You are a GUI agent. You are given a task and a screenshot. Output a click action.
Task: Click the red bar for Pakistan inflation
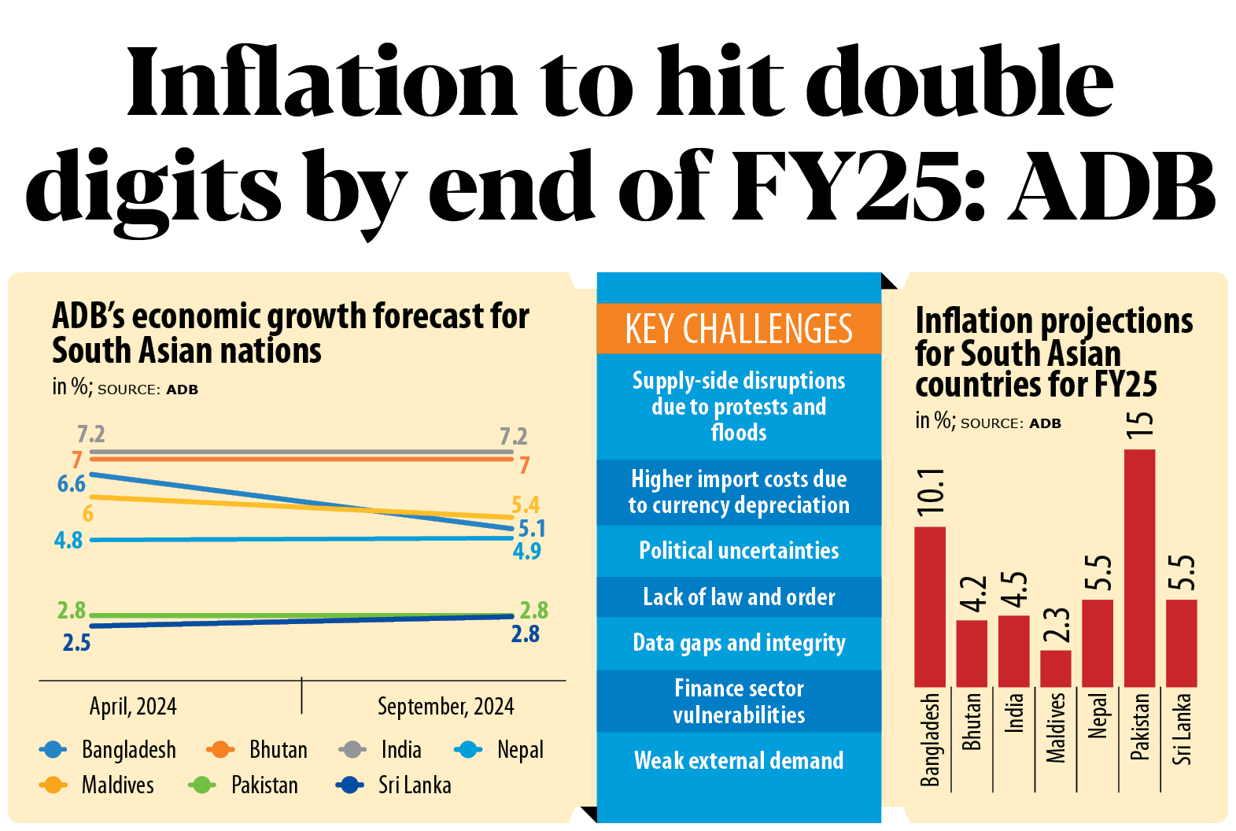pos(1139,567)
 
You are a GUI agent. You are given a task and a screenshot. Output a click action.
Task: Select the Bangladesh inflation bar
pos(929,607)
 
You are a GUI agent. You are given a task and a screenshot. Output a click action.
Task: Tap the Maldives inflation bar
pos(1055,668)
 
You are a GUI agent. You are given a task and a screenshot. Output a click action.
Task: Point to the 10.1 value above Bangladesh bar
pos(931,490)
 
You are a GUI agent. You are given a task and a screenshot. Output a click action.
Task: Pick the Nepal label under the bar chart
pos(1098,715)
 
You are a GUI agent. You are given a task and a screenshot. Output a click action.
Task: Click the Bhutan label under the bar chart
pos(972,721)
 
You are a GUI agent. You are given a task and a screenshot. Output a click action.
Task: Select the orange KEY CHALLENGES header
pos(738,329)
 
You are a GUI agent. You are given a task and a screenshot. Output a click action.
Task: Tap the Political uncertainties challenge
pos(738,550)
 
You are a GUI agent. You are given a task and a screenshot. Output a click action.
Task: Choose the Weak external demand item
pos(738,760)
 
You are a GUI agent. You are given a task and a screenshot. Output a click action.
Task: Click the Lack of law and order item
pos(738,596)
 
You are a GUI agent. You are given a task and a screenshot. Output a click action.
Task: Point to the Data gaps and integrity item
pos(738,643)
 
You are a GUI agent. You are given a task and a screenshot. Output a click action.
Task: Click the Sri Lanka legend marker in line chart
pos(349,785)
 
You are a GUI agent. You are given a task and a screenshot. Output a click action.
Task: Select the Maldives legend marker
pos(53,785)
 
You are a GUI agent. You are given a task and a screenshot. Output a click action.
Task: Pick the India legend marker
pos(352,749)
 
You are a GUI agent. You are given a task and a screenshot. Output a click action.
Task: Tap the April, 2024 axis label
pos(133,706)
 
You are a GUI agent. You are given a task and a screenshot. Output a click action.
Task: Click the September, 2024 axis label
pos(445,706)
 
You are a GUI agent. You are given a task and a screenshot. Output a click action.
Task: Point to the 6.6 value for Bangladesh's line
pos(71,484)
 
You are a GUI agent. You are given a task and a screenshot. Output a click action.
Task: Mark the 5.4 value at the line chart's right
pos(526,504)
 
